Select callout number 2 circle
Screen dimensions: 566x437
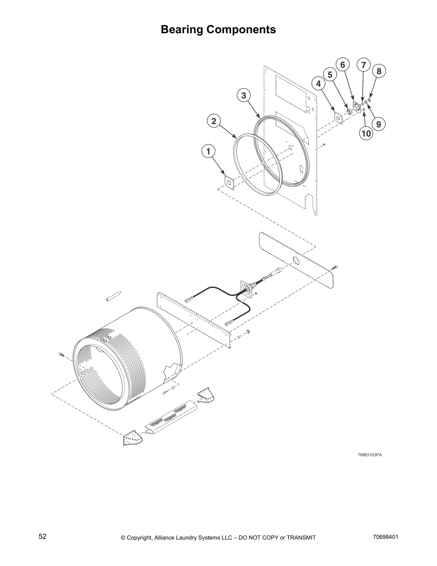pyautogui.click(x=214, y=121)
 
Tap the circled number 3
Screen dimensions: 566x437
pyautogui.click(x=243, y=95)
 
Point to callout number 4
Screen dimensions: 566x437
pyautogui.click(x=318, y=84)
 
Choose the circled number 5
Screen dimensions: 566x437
pyautogui.click(x=330, y=75)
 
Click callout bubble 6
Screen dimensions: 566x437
pyautogui.click(x=343, y=65)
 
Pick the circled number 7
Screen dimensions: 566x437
pyautogui.click(x=363, y=65)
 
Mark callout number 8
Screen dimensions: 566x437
pyautogui.click(x=379, y=71)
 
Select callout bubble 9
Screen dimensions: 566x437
pyautogui.click(x=378, y=124)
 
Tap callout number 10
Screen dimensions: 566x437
pyautogui.click(x=366, y=134)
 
